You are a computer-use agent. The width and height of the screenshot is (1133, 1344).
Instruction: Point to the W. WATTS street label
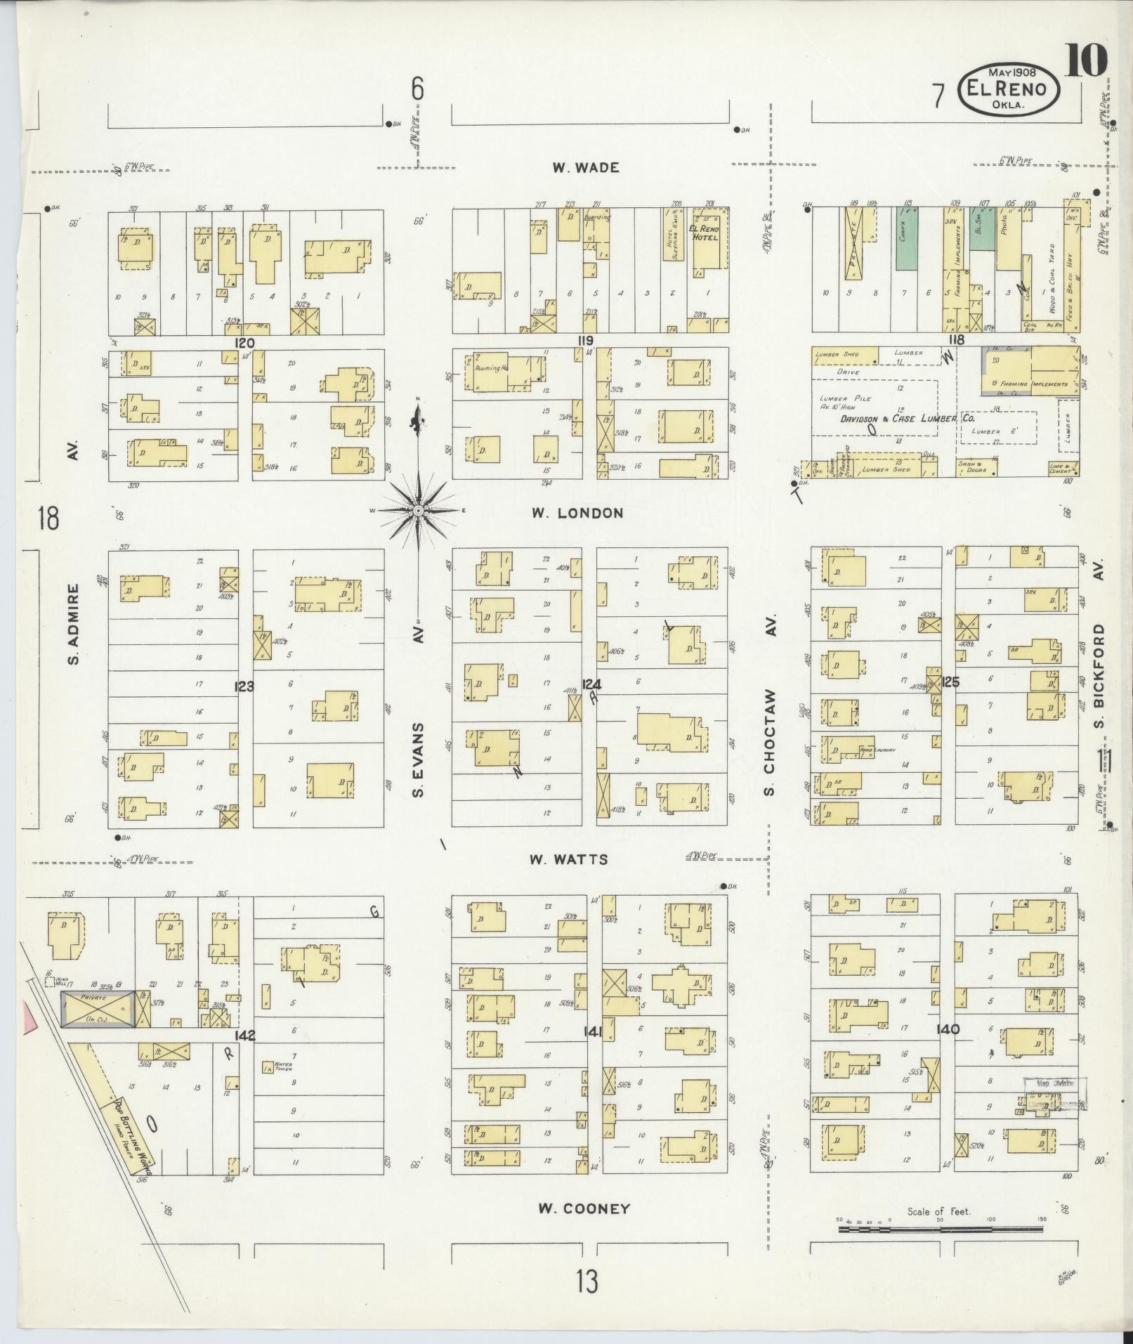[x=569, y=859]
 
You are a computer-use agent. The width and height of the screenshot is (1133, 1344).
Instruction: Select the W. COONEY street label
[x=584, y=1208]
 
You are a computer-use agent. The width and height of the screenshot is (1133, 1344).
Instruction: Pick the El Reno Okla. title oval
[x=1008, y=88]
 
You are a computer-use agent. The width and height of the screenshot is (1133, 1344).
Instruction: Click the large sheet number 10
[x=1085, y=60]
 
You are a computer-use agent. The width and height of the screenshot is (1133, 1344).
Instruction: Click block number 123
[x=244, y=686]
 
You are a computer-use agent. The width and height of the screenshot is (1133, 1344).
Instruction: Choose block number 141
[x=593, y=1031]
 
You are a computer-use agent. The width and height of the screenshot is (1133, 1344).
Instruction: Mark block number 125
[x=950, y=681]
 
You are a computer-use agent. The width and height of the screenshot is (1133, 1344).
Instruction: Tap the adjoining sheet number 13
[x=587, y=1281]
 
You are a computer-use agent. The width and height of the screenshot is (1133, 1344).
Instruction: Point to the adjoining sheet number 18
[x=49, y=520]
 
